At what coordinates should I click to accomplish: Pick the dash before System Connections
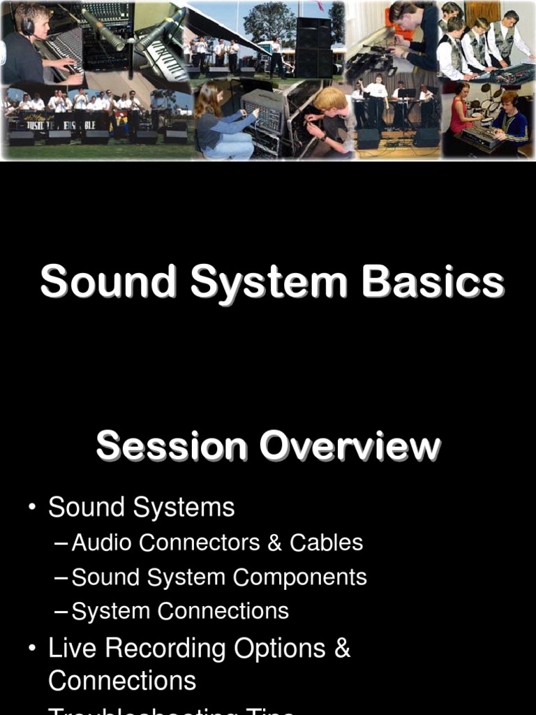61,612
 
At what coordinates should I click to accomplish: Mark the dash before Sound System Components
61,577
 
